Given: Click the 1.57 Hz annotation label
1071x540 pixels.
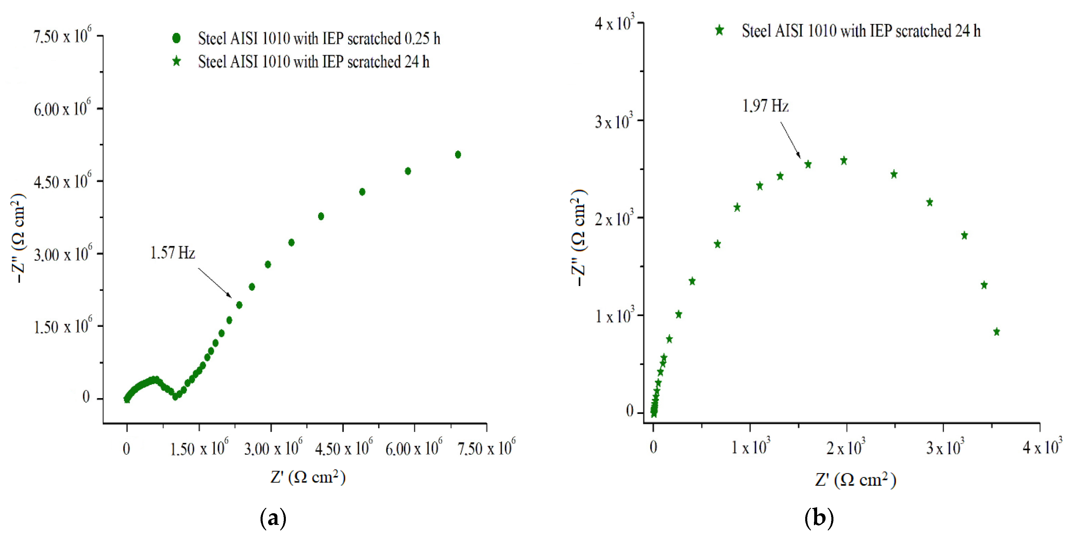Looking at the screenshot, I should [172, 253].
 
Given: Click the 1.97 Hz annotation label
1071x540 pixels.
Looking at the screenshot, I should [765, 106].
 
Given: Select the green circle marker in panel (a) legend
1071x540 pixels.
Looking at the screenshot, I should [176, 38].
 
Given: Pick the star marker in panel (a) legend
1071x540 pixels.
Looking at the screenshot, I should [176, 62].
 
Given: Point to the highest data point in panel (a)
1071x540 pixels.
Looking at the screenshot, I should [458, 155].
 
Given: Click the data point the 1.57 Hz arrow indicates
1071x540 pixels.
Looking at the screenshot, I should [239, 305].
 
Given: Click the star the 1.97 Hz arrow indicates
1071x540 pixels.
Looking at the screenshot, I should [808, 164].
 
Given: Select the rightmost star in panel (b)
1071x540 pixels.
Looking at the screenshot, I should [996, 332].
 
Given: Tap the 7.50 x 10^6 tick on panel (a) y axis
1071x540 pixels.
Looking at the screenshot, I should [62, 36].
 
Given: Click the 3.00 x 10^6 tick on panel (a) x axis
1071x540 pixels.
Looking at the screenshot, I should [273, 448].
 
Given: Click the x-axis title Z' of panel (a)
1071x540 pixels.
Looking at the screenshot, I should [308, 477].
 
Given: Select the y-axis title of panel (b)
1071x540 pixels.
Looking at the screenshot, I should [579, 237].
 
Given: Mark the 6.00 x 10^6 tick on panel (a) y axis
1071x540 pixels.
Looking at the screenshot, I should [62, 109].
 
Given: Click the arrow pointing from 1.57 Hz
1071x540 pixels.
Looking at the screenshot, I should [215, 283].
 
